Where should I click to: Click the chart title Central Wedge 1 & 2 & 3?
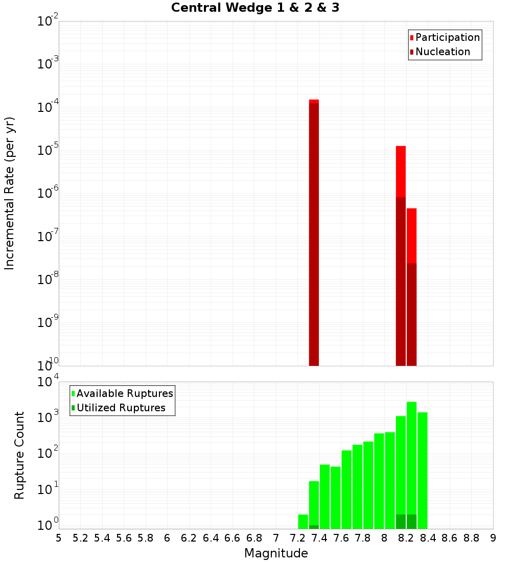[255, 8]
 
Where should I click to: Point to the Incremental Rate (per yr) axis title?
[10, 193]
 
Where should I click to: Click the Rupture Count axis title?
[19, 455]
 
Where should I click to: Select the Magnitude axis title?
[276, 553]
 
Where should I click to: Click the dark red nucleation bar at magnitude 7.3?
[314, 235]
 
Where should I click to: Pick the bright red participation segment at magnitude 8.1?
[401, 171]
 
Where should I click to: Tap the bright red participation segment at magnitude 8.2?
[411, 236]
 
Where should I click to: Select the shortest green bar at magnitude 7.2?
[303, 522]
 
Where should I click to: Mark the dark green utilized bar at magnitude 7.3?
[314, 527]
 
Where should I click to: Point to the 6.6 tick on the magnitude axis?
[233, 538]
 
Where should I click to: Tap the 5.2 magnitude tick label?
[81, 538]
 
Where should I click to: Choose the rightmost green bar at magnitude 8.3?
[422, 470]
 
